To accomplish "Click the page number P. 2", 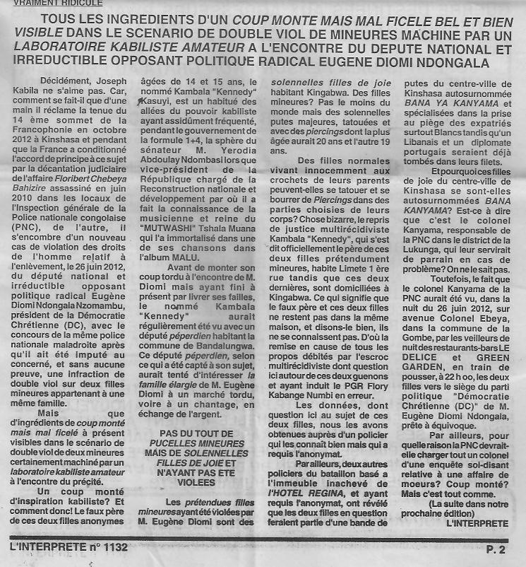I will [496, 549].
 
